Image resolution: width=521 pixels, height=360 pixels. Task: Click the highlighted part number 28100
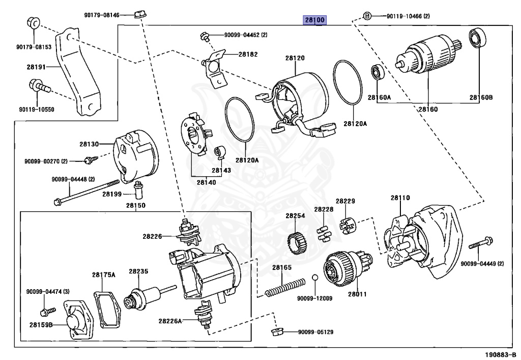(x=315, y=20)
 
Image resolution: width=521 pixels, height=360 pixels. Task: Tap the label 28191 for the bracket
(x=37, y=66)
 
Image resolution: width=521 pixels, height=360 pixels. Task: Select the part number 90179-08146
(x=102, y=15)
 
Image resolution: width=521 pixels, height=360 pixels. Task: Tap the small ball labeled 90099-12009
(x=315, y=278)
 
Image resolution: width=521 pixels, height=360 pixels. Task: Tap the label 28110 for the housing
(x=400, y=198)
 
